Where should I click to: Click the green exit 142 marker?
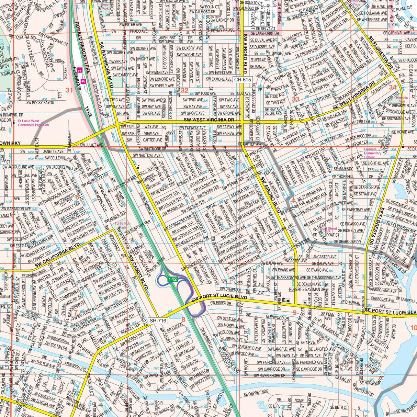[172, 279]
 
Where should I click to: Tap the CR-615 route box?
[243, 80]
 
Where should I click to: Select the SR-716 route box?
[158, 320]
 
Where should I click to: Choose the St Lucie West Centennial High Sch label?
[33, 123]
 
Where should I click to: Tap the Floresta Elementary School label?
[373, 153]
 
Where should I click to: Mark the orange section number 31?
[69, 90]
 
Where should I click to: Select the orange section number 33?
[295, 99]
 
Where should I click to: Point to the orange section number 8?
[183, 320]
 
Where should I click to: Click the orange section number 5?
[192, 200]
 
